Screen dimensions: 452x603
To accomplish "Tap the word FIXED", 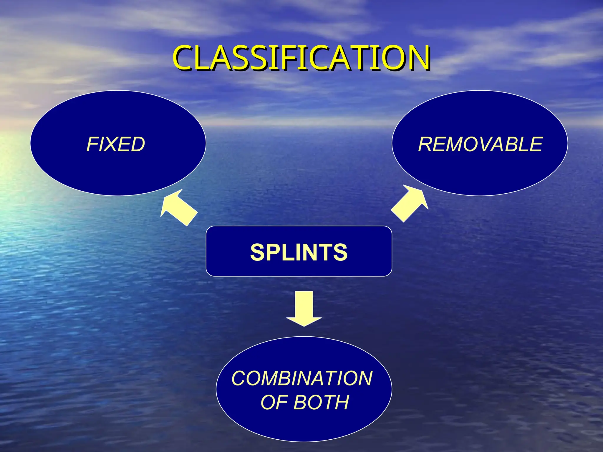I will click(116, 144).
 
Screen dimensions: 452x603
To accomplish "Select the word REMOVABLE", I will click(480, 144).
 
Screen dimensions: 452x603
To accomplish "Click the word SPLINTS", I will click(299, 252).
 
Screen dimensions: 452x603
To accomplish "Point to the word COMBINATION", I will click(302, 378).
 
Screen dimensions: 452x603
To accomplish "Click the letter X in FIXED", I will click(112, 144).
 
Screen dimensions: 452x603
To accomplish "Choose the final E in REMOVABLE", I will click(535, 144).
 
